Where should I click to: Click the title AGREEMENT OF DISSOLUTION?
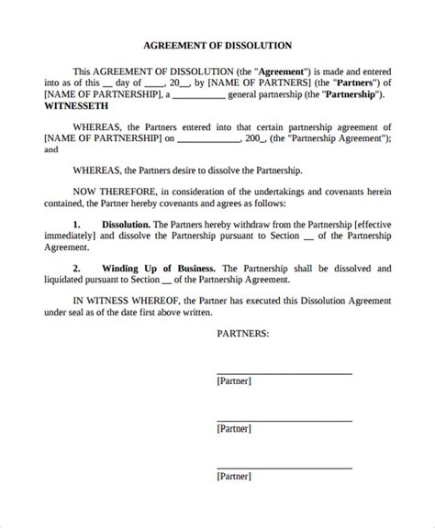point(217,44)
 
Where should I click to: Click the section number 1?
point(77,224)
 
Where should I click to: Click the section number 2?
point(77,269)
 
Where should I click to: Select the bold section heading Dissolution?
point(125,224)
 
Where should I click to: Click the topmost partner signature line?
point(284,373)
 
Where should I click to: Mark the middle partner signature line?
point(284,421)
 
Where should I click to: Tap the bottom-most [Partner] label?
point(233,476)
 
